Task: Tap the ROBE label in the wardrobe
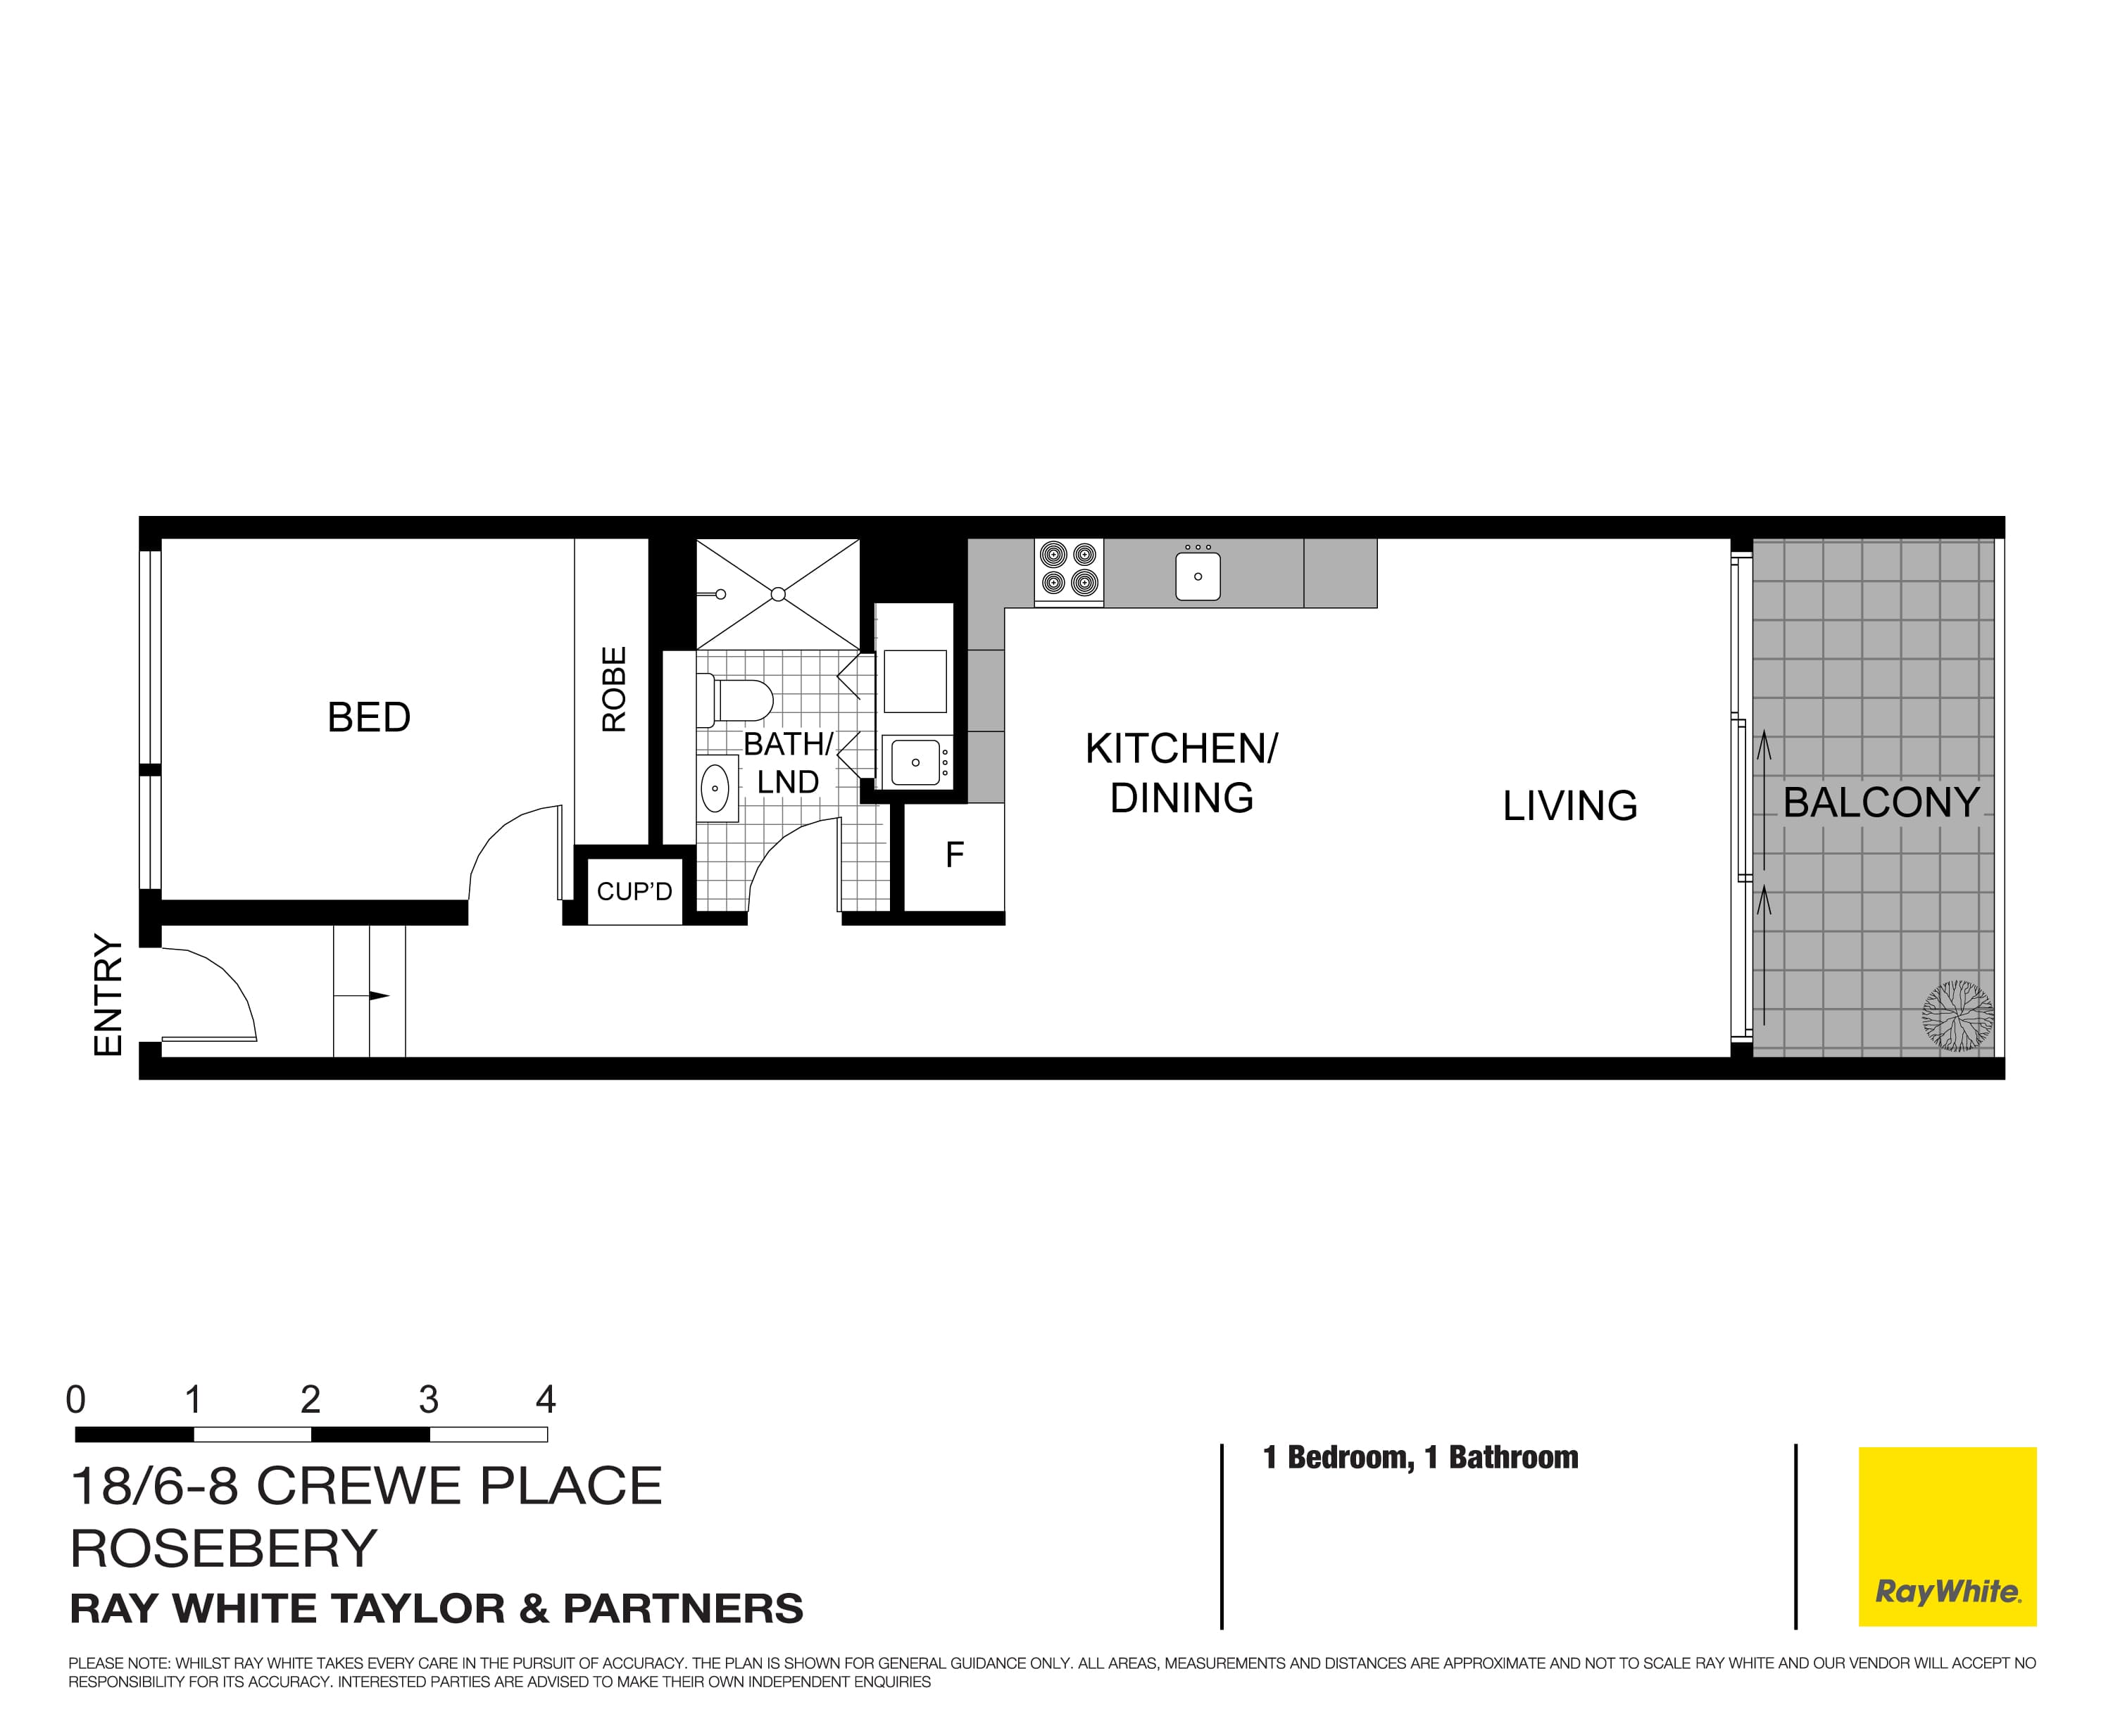[614, 689]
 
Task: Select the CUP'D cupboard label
[634, 891]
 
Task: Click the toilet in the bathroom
[738, 700]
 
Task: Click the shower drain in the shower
[778, 595]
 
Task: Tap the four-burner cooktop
[1069, 569]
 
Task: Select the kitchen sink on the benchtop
[1197, 576]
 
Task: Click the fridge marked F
[953, 855]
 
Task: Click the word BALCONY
[1881, 802]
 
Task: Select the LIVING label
[1569, 805]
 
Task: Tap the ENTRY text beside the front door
[108, 995]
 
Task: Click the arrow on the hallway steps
[377, 995]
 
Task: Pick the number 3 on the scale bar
[428, 1399]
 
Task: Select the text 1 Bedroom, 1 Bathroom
[1420, 1458]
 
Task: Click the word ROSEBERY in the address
[224, 1549]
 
